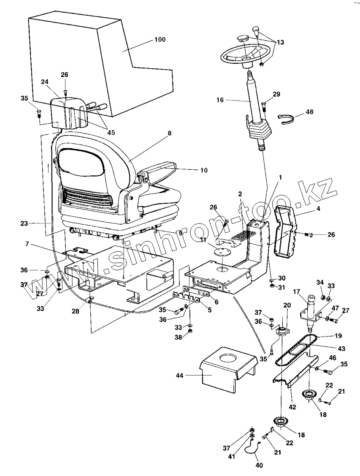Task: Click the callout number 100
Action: pos(160,40)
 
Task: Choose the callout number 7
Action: pos(27,245)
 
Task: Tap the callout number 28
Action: pos(75,311)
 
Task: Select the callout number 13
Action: pos(280,42)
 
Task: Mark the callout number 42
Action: pos(292,407)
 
